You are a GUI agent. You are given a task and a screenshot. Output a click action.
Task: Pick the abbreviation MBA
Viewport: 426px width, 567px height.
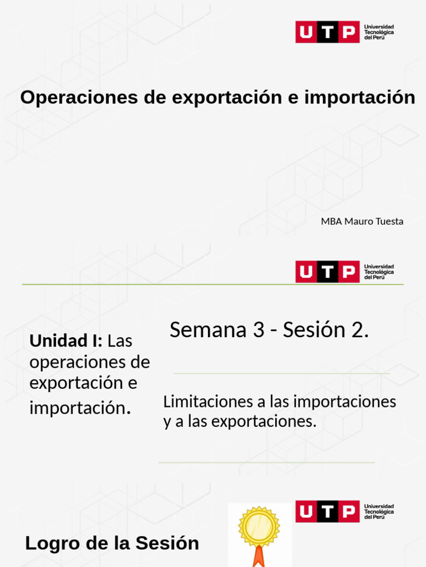[x=331, y=221]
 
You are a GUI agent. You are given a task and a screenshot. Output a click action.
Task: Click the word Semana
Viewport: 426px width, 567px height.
[x=208, y=330]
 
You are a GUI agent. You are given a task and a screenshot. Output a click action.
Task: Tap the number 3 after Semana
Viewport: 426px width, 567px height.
[x=258, y=330]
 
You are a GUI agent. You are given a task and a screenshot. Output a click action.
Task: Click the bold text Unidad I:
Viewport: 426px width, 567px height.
[x=66, y=341]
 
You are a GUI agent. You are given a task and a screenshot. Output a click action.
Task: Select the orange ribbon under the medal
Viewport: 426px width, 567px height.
[x=258, y=556]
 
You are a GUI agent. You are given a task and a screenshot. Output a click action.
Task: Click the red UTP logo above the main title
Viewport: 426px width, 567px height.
[x=327, y=32]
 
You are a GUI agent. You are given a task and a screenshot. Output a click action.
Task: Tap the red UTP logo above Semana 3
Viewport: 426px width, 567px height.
[x=327, y=271]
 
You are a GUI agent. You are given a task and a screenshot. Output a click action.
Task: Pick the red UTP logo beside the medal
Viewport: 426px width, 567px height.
[x=327, y=511]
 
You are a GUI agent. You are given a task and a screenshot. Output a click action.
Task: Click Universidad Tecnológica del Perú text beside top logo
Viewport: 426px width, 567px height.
[x=379, y=32]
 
